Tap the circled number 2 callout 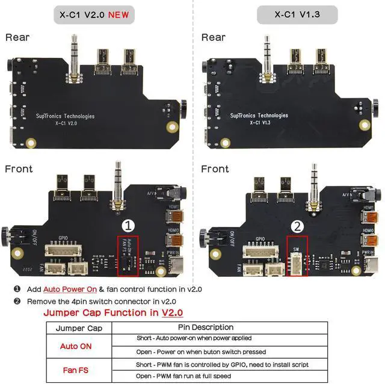click(x=297, y=226)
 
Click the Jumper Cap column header click(x=79, y=328)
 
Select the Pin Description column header click(x=220, y=328)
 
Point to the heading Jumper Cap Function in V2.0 click(x=113, y=313)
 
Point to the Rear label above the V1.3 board click(x=213, y=37)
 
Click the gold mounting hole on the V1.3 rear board click(x=365, y=125)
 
